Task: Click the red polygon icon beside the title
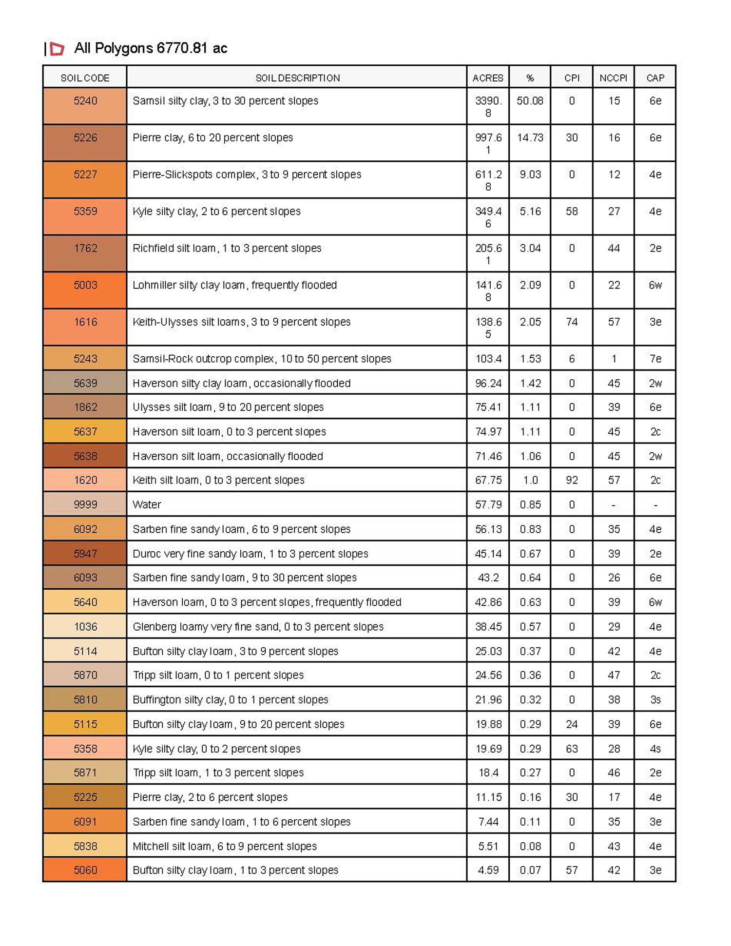pyautogui.click(x=57, y=49)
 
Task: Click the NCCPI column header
pyautogui.click(x=613, y=78)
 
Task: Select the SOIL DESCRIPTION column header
pyautogui.click(x=297, y=78)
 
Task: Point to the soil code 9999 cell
pyautogui.click(x=85, y=504)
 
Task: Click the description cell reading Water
pyautogui.click(x=147, y=504)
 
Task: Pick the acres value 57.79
pyautogui.click(x=488, y=504)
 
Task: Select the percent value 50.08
pyautogui.click(x=530, y=101)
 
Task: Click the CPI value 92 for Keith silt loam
pyautogui.click(x=572, y=480)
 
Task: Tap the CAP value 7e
pyautogui.click(x=655, y=359)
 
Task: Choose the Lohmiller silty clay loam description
pyautogui.click(x=234, y=285)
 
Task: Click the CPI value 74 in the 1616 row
pyautogui.click(x=572, y=322)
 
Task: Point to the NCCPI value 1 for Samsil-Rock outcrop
pyautogui.click(x=614, y=359)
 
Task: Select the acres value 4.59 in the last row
pyautogui.click(x=488, y=870)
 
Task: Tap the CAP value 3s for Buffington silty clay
pyautogui.click(x=655, y=700)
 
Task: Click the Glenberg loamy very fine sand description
pyautogui.click(x=258, y=627)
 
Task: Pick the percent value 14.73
pyautogui.click(x=530, y=138)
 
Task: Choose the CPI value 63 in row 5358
pyautogui.click(x=572, y=749)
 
